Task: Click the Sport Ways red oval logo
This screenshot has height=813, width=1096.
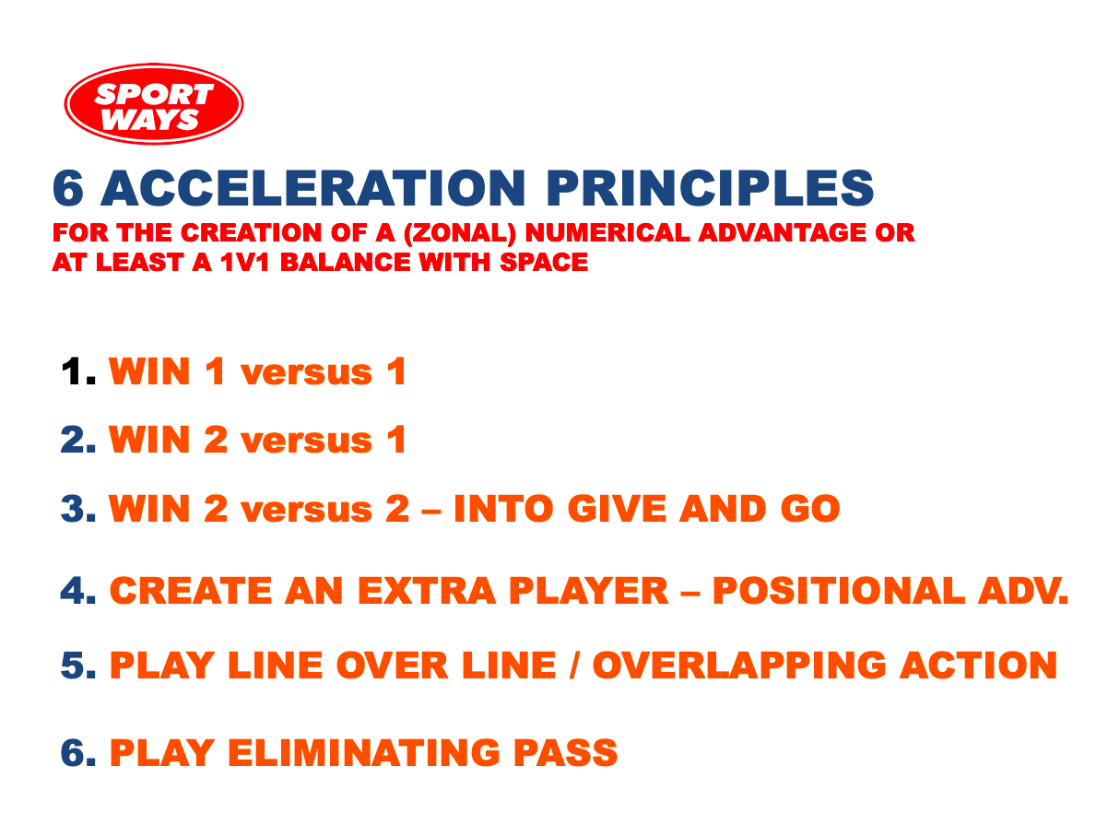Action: click(154, 104)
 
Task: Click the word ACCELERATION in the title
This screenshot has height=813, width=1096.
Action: click(313, 188)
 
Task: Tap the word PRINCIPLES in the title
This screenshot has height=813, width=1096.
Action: click(710, 188)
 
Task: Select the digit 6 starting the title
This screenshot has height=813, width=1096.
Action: click(68, 188)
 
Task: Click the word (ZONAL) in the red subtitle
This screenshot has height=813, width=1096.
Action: click(459, 233)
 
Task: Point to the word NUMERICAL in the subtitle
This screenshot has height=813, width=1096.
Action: click(607, 233)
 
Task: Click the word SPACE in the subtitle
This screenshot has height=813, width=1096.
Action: click(544, 262)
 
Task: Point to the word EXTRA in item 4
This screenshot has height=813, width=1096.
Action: click(427, 591)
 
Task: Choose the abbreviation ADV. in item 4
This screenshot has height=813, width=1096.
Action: click(1023, 591)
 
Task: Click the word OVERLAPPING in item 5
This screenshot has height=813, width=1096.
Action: click(739, 665)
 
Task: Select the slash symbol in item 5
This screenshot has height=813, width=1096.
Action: click(574, 665)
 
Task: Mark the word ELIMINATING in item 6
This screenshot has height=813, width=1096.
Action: click(364, 753)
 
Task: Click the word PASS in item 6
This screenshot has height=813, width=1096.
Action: click(565, 753)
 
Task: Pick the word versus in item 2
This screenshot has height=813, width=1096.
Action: click(306, 442)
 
